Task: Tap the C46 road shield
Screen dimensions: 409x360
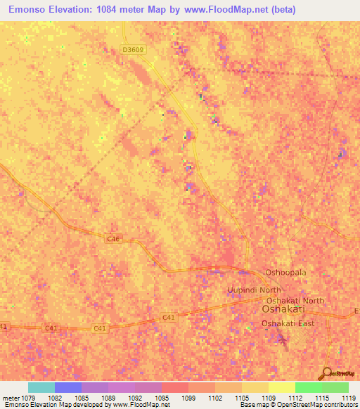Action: click(x=113, y=239)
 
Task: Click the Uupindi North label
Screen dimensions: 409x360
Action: click(x=254, y=290)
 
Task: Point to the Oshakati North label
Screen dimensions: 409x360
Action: click(x=293, y=301)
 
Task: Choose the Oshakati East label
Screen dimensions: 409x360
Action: click(x=288, y=323)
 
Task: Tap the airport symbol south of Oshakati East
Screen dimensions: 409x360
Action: click(x=283, y=340)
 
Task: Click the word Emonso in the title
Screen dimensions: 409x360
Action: click(x=32, y=10)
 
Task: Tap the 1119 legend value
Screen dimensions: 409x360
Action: click(x=349, y=398)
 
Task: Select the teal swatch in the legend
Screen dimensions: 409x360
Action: click(x=41, y=387)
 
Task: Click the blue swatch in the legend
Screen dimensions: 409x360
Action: click(x=68, y=387)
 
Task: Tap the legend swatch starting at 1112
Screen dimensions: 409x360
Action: click(x=309, y=387)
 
